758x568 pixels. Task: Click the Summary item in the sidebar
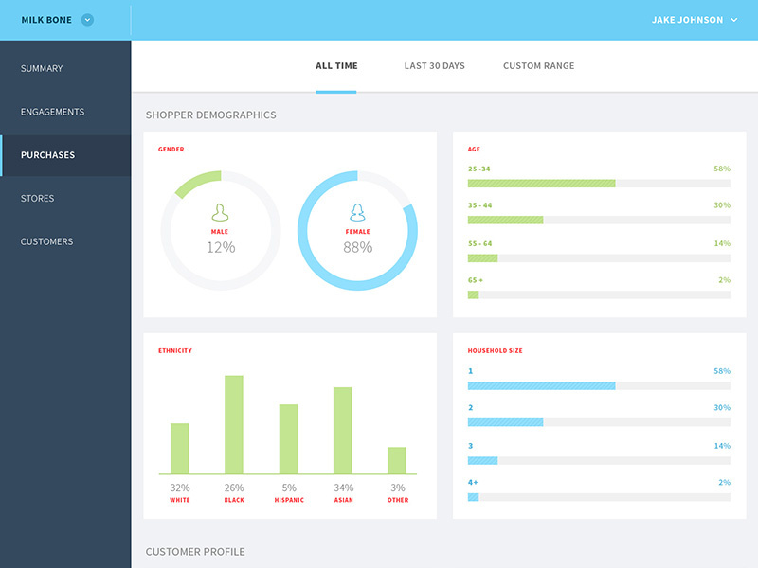coord(42,68)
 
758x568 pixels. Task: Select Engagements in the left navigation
coord(52,112)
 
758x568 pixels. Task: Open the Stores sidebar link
coord(38,199)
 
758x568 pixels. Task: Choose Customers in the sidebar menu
coord(46,241)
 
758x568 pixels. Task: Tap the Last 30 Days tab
coord(434,66)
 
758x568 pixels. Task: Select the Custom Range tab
coord(538,66)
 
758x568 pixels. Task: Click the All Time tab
coord(336,66)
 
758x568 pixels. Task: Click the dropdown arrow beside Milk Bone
coord(87,20)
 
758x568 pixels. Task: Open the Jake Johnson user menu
coord(694,20)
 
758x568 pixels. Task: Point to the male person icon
coord(220,212)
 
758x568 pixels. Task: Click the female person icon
coord(357,212)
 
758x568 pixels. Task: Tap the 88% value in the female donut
coord(357,247)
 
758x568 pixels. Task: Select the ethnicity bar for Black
coord(234,424)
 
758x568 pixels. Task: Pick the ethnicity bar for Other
coord(397,460)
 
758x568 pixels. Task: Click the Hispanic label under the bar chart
coord(289,500)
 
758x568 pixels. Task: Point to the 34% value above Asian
coord(343,488)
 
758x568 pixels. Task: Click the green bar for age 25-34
coord(541,183)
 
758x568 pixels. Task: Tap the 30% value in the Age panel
coord(721,204)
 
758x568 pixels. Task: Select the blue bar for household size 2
coord(505,421)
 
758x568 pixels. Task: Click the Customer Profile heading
coord(195,551)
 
